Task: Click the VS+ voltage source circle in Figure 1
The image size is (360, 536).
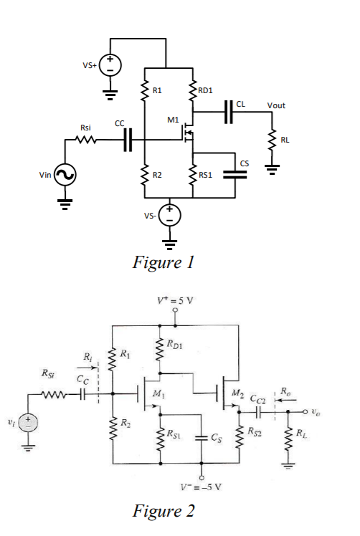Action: (110, 66)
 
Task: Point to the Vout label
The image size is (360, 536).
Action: (275, 105)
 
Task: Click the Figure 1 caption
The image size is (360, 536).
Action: (163, 262)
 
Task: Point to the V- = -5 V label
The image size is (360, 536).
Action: (202, 487)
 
